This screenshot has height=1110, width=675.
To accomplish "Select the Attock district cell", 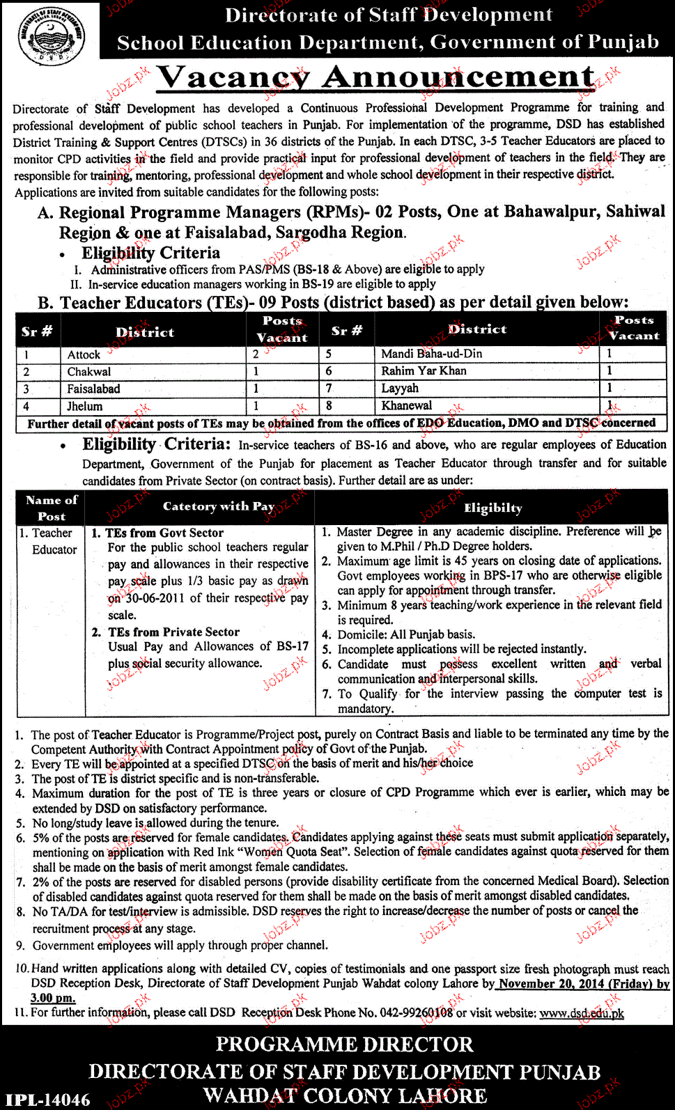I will coord(84,354).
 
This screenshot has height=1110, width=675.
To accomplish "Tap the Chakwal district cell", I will coord(88,372).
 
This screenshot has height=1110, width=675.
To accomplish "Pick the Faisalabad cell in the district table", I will coord(93,389).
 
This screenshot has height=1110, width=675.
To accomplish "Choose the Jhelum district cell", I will coord(84,406).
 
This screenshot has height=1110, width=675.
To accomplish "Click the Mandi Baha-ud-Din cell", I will coord(431,354).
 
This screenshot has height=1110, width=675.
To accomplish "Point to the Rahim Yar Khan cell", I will coord(424,370).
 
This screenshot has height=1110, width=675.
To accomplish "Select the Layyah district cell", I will coord(400,388).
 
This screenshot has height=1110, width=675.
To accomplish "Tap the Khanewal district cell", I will coord(406,405).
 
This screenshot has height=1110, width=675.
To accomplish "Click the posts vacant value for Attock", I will coord(256,354).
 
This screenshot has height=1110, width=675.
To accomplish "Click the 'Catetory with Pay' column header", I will coord(219,506).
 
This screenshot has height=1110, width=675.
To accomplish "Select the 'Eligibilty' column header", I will coord(492,508).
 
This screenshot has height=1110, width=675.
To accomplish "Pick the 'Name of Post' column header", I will coord(52,508).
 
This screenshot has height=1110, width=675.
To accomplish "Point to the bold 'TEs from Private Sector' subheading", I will coord(173,632).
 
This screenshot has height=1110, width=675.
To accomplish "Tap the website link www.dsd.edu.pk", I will coord(582,1013).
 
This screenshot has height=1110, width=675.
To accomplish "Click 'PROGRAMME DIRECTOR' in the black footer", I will coord(344,1045).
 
